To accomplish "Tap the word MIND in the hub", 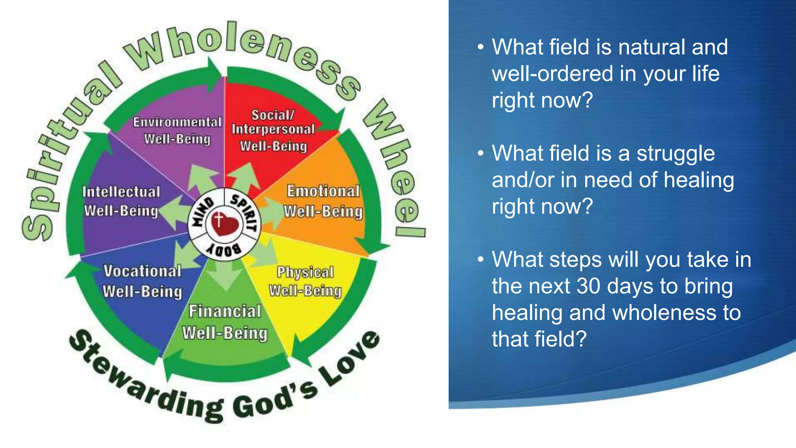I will [203, 212].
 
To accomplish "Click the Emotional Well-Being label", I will [323, 201].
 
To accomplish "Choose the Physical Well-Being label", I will [305, 281].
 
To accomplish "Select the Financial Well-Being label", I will [225, 322].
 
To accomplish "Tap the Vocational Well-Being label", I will [142, 281].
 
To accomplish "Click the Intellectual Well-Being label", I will [121, 201].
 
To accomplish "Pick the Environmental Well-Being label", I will [177, 130].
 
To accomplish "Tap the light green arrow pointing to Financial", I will [225, 276].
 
